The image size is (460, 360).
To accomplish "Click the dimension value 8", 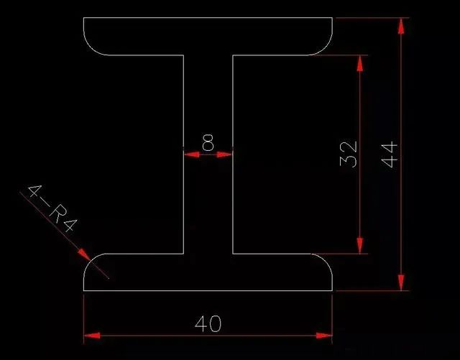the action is tap(208, 143).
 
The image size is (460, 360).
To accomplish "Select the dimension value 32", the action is tap(348, 154).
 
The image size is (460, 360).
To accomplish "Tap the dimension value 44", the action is tap(389, 154).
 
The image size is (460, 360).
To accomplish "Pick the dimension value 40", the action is tap(208, 323).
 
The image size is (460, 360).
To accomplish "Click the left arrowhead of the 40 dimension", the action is tap(91, 335).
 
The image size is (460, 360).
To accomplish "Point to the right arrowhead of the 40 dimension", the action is tap(325, 335).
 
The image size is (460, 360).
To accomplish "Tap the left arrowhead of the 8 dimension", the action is tap(190, 153).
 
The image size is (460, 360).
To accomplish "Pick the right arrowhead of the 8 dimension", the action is tap(226, 153).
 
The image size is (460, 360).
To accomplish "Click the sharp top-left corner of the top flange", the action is tap(84, 18).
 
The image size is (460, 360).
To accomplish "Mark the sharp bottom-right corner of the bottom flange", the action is tap(333, 290).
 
